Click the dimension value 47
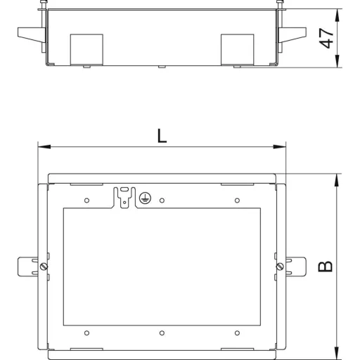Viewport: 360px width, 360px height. (326, 38)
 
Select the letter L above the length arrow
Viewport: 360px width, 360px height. (162, 136)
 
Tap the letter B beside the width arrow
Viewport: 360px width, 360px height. (326, 266)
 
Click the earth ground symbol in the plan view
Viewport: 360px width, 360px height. (145, 198)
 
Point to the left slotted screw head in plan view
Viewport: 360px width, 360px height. (44, 266)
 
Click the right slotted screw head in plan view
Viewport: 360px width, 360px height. (280, 266)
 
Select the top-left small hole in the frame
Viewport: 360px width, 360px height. (86, 200)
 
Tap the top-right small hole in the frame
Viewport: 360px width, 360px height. (237, 200)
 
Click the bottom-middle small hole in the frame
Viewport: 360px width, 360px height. (162, 333)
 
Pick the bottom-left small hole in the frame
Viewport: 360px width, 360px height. (86, 333)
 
